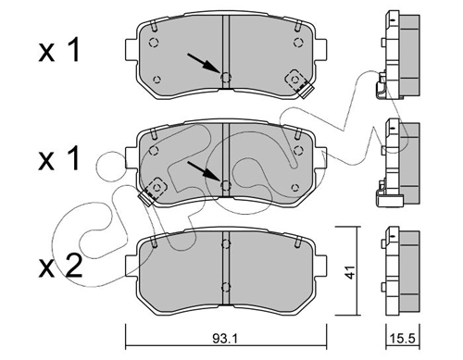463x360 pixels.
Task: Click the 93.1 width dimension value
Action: click(225, 339)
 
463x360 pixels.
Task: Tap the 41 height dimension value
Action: click(350, 272)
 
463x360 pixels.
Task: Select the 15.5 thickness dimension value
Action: click(403, 339)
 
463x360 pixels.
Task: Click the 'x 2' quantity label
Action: click(60, 267)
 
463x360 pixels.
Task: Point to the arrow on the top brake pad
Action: click(204, 63)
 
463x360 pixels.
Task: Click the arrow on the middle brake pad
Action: click(204, 170)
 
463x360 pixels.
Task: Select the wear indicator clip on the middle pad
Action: click(153, 191)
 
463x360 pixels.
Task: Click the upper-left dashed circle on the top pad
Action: click(154, 43)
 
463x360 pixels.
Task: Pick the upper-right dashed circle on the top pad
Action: click(298, 43)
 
